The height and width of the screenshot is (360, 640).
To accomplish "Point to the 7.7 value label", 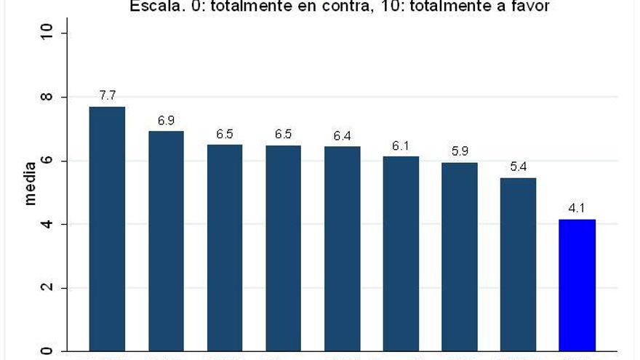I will click(108, 95).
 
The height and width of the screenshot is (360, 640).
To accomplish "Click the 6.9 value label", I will click(166, 120).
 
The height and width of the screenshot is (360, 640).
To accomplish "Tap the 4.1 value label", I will click(577, 209).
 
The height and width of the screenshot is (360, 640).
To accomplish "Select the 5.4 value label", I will click(518, 167).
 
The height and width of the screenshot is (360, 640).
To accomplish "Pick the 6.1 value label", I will click(401, 145).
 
